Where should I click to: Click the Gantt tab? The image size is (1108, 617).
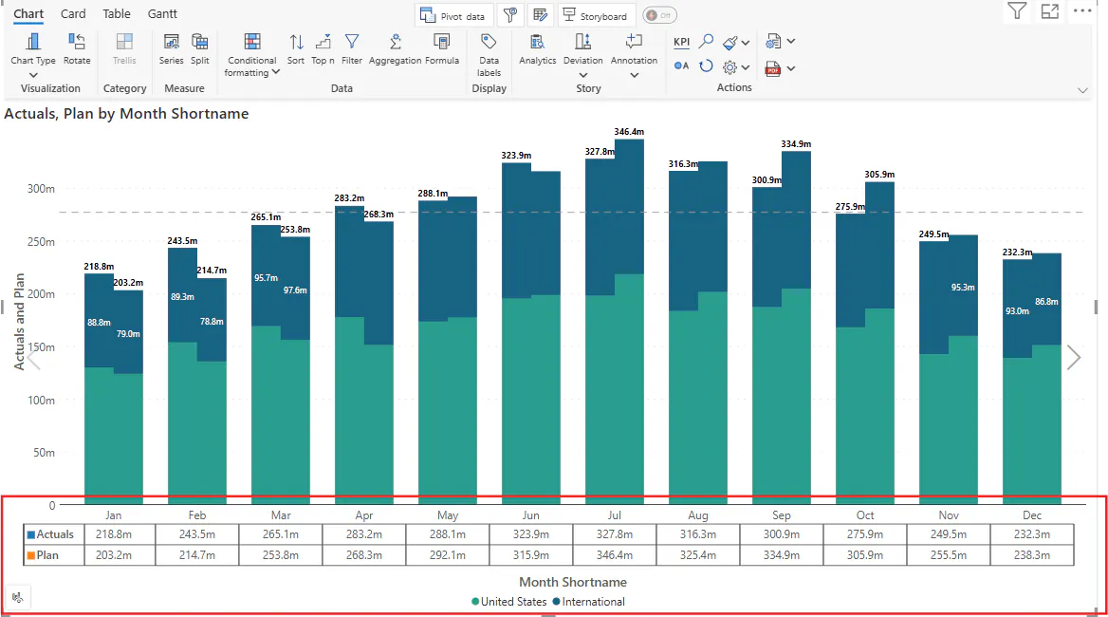162,14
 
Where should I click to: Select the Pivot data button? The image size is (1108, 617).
453,16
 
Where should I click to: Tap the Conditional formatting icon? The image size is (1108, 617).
252,43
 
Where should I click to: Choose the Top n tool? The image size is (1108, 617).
323,43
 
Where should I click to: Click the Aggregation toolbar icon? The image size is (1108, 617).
396,43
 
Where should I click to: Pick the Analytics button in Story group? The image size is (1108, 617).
537,43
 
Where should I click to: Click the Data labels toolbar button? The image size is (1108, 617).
489,43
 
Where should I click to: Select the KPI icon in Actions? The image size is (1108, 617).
682,42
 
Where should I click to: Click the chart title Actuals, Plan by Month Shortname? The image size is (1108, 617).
126,114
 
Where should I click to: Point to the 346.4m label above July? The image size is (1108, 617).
629,132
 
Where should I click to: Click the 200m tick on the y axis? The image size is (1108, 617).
41,294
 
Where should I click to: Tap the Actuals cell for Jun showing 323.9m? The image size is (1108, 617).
531,534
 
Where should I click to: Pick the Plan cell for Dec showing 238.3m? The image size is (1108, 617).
1032,555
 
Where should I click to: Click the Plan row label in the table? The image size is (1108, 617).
47,555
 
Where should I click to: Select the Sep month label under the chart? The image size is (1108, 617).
782,515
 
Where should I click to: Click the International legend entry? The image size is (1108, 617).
593,602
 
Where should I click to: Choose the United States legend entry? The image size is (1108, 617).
512,602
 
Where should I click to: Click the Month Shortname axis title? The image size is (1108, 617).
573,582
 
